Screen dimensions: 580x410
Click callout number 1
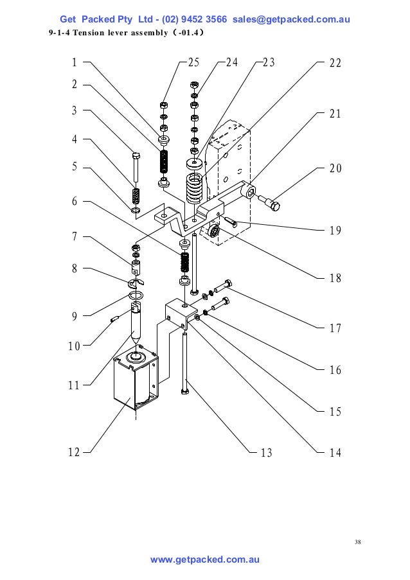point(75,63)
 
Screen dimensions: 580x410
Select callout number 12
point(75,452)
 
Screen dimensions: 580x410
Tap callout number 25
point(193,63)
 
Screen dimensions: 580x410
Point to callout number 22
point(335,63)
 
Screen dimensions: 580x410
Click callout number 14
point(335,452)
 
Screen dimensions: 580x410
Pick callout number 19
point(335,230)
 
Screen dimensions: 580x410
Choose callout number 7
point(75,236)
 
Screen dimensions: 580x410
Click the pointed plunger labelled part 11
point(136,324)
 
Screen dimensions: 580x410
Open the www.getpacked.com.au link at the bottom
point(204,560)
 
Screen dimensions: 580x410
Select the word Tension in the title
point(91,32)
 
